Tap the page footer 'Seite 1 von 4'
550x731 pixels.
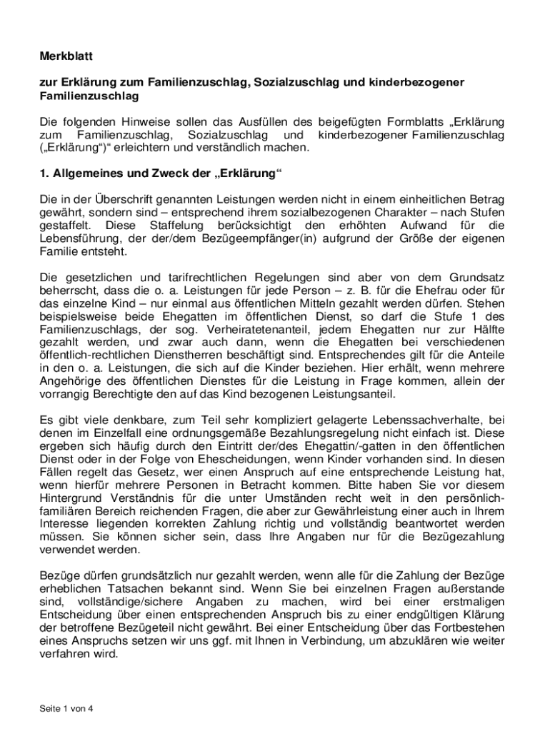[x=66, y=709]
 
